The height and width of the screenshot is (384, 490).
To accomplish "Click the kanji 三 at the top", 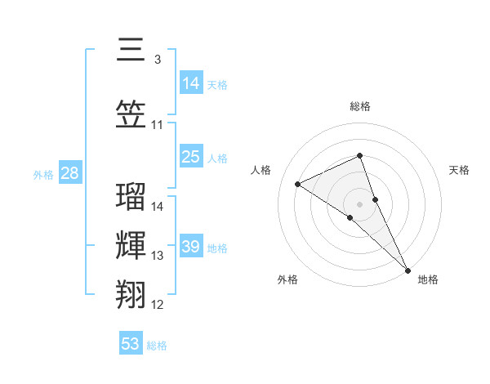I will tap(131, 51).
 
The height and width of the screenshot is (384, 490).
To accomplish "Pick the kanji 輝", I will tap(131, 247).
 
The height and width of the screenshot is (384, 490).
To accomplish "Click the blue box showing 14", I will tap(191, 83).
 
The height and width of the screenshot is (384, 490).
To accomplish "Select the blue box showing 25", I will tap(191, 157).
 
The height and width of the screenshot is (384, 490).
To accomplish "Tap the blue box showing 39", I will tap(191, 247).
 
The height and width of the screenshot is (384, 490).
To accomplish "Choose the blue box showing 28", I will tap(69, 173).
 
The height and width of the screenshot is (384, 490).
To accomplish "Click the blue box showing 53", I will tap(131, 344).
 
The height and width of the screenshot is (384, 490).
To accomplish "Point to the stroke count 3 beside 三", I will tap(157, 60).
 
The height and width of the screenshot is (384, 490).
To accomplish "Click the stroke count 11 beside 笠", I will tap(157, 125).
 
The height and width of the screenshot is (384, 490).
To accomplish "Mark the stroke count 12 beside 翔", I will tap(157, 305).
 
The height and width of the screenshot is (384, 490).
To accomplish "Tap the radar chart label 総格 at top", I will tap(360, 106).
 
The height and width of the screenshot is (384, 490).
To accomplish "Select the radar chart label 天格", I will tap(460, 170).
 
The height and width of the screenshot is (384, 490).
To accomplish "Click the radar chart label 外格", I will tap(287, 279).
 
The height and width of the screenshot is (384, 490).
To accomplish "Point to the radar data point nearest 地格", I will tap(408, 268).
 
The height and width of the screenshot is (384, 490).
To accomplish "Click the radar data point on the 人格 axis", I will tap(298, 184).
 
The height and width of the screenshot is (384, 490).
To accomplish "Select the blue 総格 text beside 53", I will tap(158, 346).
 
